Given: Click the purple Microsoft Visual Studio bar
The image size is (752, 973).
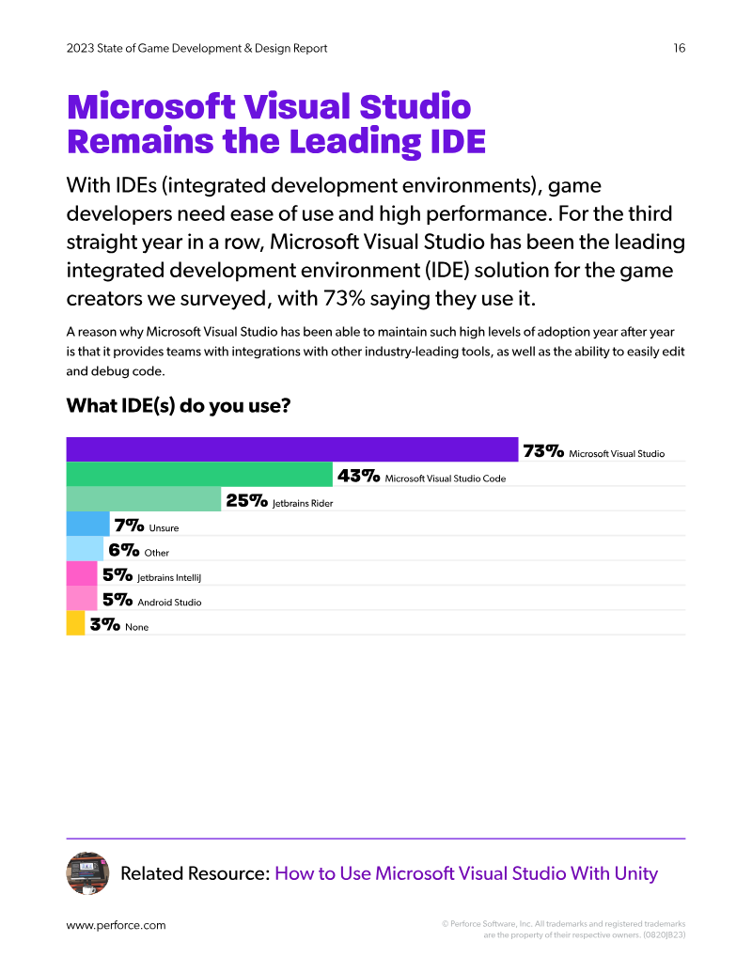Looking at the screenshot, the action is tap(292, 449).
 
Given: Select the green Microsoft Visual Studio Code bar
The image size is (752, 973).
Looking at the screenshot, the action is tap(199, 474).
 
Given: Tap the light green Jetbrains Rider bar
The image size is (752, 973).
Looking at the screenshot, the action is tap(143, 499).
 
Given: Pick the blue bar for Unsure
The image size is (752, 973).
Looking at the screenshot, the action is tap(87, 524).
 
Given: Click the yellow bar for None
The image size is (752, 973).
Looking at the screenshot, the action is tap(75, 623).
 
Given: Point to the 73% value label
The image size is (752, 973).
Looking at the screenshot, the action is tap(543, 451).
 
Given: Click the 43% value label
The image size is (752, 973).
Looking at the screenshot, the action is tap(359, 476).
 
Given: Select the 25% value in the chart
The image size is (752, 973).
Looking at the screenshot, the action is tap(247, 501).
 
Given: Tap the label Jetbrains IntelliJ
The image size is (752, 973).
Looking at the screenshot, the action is tap(169, 578).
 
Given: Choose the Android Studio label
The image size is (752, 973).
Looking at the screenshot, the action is tap(169, 603).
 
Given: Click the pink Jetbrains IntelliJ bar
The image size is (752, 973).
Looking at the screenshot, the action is tap(81, 573).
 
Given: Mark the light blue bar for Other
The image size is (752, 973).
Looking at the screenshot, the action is tap(85, 549).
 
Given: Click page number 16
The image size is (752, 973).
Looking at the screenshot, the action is tap(680, 48).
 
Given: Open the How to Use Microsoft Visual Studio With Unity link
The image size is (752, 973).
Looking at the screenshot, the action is tap(466, 873).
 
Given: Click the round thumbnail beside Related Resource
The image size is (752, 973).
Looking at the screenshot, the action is tap(87, 873).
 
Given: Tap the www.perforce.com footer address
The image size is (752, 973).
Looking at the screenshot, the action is tap(116, 925).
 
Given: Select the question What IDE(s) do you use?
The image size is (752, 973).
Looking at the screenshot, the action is tap(179, 406).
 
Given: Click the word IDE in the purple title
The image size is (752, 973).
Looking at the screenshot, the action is tap(457, 142).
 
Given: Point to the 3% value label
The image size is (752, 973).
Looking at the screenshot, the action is tap(105, 625).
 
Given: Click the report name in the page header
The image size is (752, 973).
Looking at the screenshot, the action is tap(196, 48).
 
